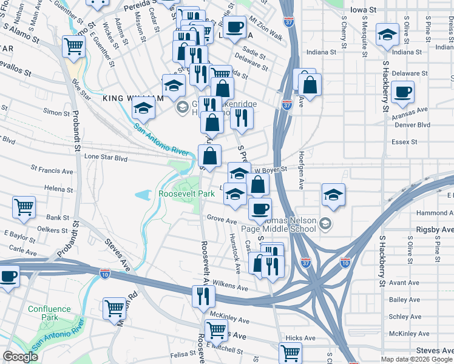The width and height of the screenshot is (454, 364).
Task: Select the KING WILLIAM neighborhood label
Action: click(132, 98)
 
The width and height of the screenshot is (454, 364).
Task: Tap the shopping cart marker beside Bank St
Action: click(24, 206)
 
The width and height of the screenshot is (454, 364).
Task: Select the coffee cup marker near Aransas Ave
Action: click(402, 93)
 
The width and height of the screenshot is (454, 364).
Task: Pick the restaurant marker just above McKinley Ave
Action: click(203, 296)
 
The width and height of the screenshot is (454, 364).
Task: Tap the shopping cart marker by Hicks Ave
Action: click(291, 352)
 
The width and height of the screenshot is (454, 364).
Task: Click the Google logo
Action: click(20, 357)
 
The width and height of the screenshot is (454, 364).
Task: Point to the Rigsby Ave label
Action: click(435, 230)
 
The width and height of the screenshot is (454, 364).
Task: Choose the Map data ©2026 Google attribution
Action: click(416, 359)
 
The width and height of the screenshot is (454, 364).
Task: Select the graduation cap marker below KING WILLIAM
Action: click(144, 108)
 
